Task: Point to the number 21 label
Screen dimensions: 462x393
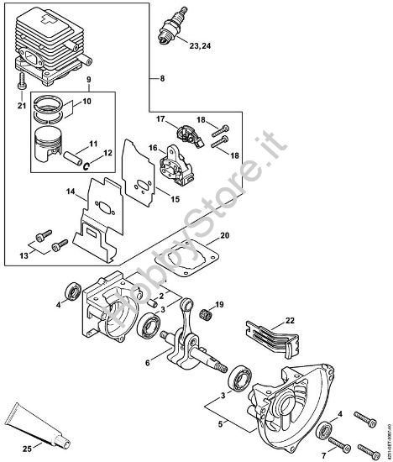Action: [22, 106]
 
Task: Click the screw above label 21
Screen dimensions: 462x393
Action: [21, 84]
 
